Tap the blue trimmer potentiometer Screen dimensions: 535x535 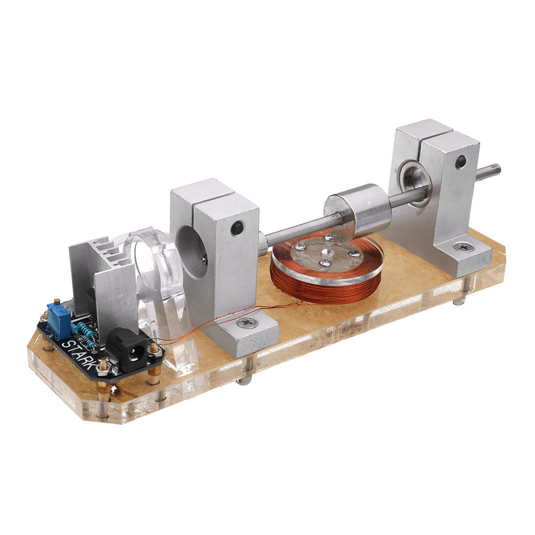coord(58,318)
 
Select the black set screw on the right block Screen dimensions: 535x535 coord(461,160)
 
